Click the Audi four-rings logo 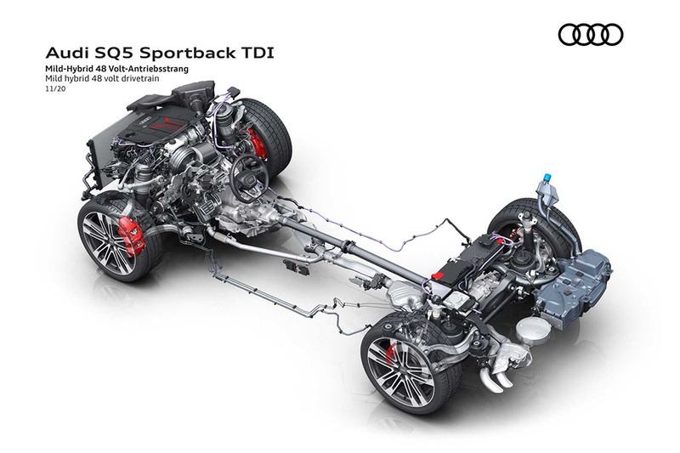pyautogui.click(x=590, y=35)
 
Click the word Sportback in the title pyautogui.click(x=187, y=53)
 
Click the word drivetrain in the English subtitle pyautogui.click(x=143, y=78)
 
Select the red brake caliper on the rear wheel pyautogui.click(x=391, y=354)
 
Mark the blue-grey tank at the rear pyautogui.click(x=572, y=286)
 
